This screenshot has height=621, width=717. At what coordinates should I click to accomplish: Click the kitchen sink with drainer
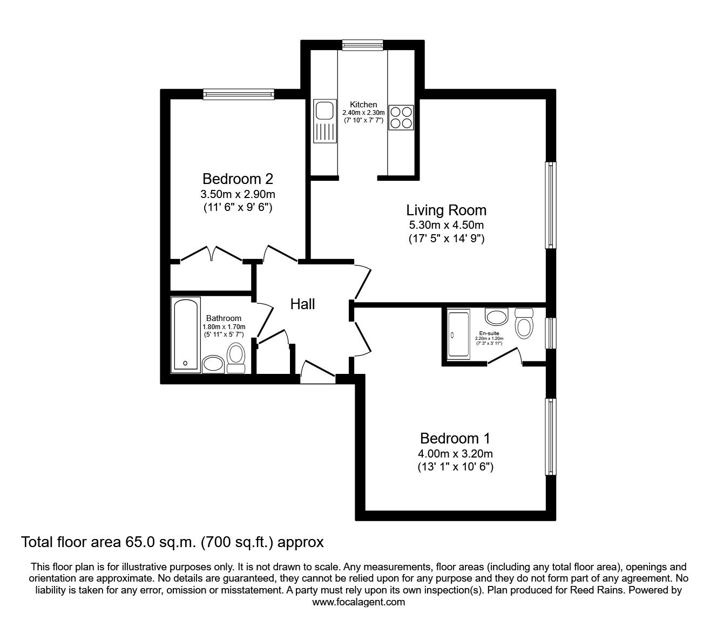pos(325,122)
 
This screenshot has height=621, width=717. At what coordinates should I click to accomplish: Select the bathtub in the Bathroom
pos(185,335)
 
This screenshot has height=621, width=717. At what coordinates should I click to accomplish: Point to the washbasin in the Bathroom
pos(214,364)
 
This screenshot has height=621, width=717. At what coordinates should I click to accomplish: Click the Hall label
pos(302,304)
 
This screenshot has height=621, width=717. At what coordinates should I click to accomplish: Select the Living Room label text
pos(446,210)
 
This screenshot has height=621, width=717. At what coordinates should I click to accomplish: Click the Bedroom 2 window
pos(239,94)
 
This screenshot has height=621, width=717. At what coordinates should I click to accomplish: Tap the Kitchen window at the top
pos(362,45)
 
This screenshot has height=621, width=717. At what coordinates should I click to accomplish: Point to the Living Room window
pos(550,205)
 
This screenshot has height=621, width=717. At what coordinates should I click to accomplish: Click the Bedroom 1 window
pos(550,437)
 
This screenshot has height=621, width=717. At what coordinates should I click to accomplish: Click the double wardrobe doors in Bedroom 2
pos(211,254)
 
